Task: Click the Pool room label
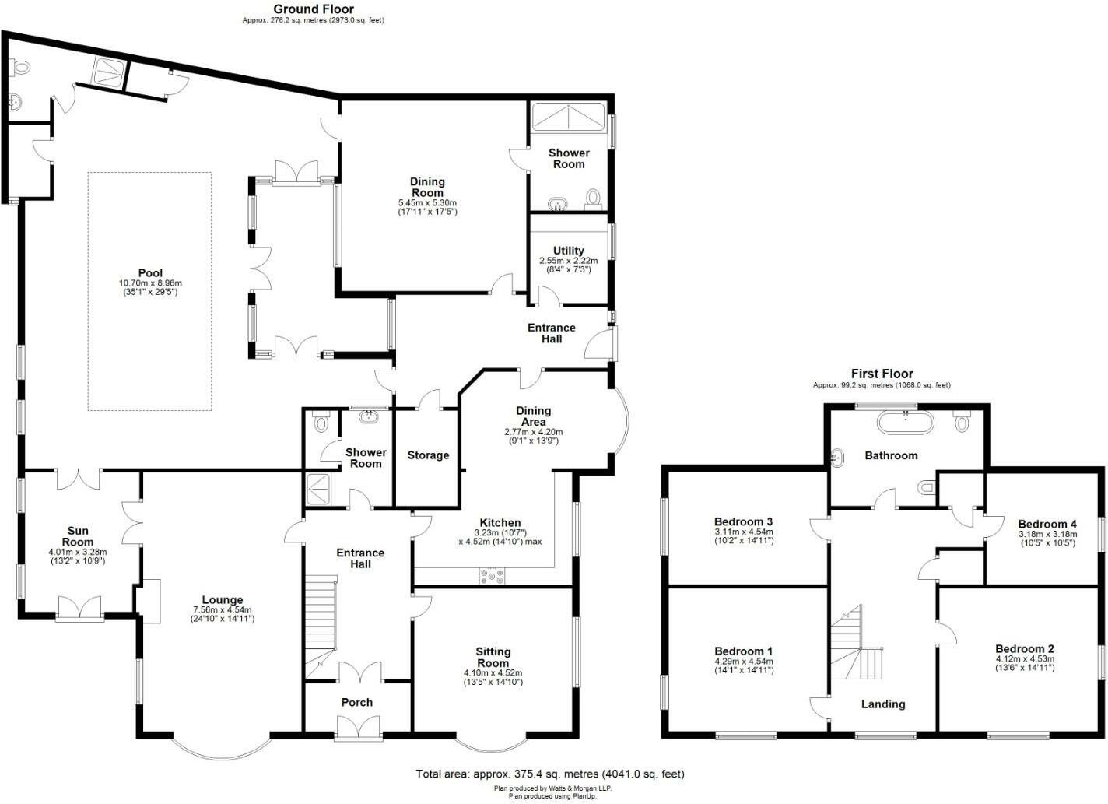coord(150,272)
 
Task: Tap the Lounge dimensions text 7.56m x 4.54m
coord(222,609)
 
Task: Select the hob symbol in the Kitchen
coord(493,576)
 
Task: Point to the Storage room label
coord(428,455)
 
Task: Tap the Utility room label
coord(569,251)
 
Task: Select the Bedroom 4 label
coord(1047,524)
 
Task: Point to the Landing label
coord(883,704)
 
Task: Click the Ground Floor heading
coord(313,9)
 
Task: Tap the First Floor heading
coord(882,374)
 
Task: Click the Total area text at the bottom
coord(550,774)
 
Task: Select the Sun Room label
coord(78,536)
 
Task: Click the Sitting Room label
coord(493,657)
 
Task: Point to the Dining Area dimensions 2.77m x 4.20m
coord(533,432)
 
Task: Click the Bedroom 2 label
coord(1024,648)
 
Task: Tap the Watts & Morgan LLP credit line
coord(552,788)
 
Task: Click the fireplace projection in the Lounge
coord(148,600)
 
